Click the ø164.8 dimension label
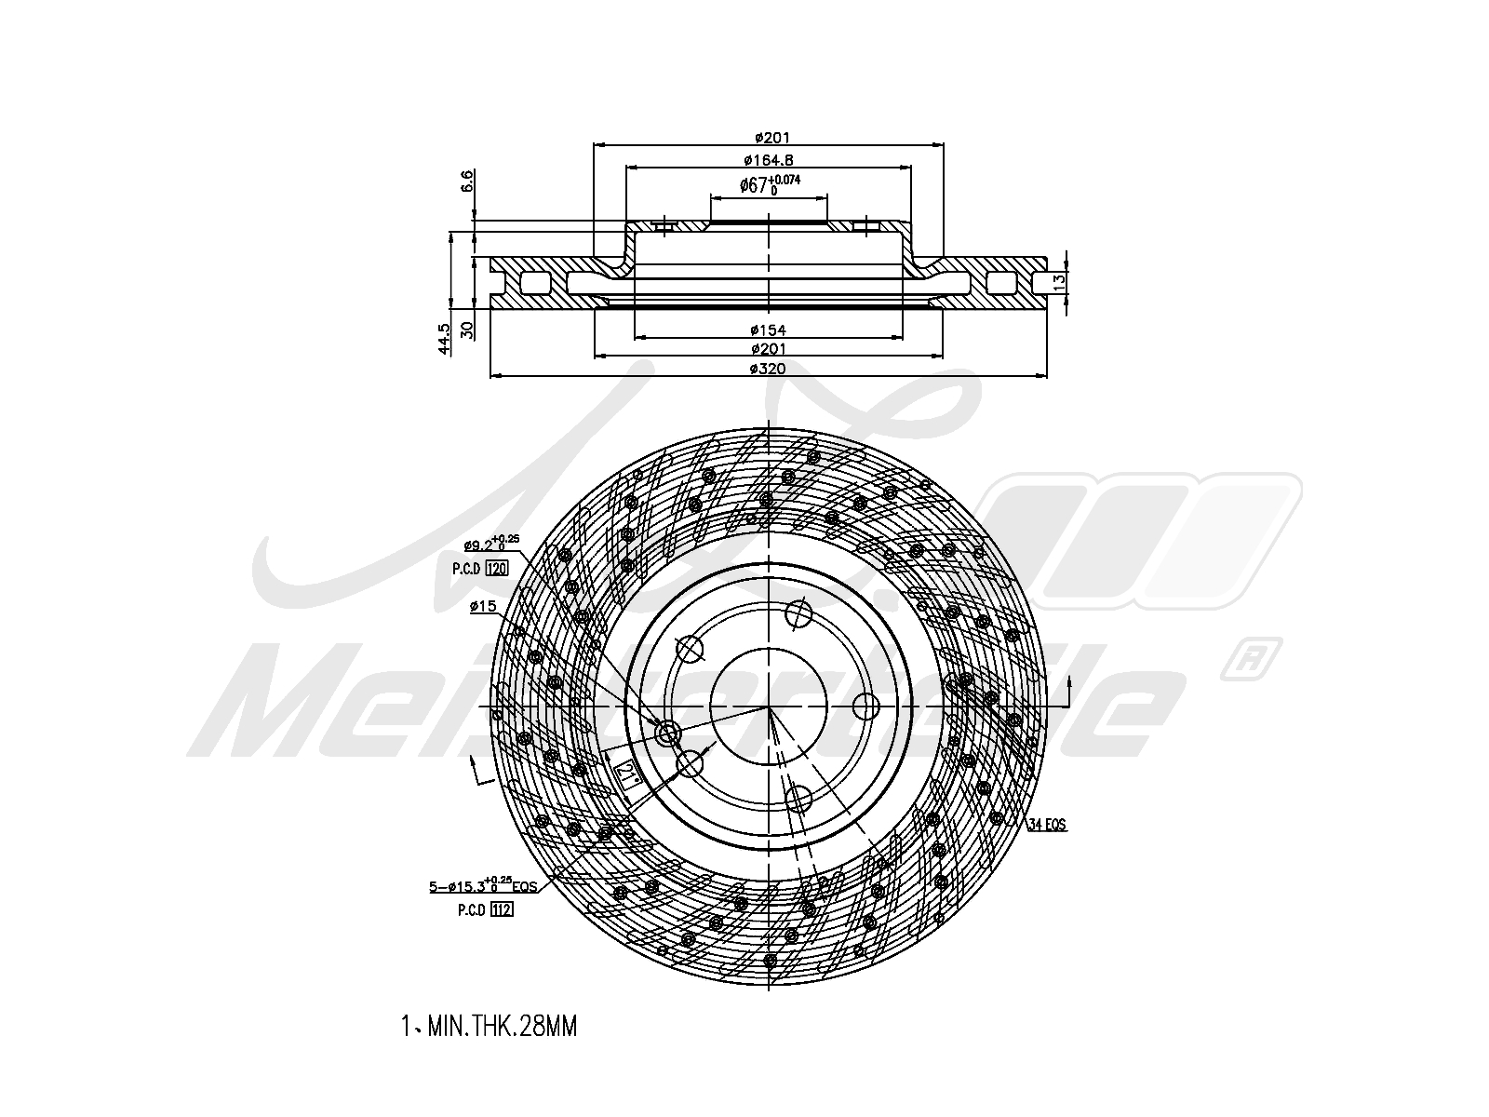[768, 160]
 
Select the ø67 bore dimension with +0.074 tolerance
[769, 184]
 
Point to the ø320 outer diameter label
[768, 369]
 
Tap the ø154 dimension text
[768, 330]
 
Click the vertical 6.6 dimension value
[468, 180]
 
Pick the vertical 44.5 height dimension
[445, 338]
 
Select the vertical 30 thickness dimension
[468, 329]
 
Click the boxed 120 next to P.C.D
[497, 568]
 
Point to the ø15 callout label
[482, 607]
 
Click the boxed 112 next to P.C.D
[501, 909]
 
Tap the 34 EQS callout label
[1047, 824]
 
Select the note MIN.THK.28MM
[490, 1027]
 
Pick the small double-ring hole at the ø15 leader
[667, 735]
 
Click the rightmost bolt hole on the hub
[866, 707]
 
